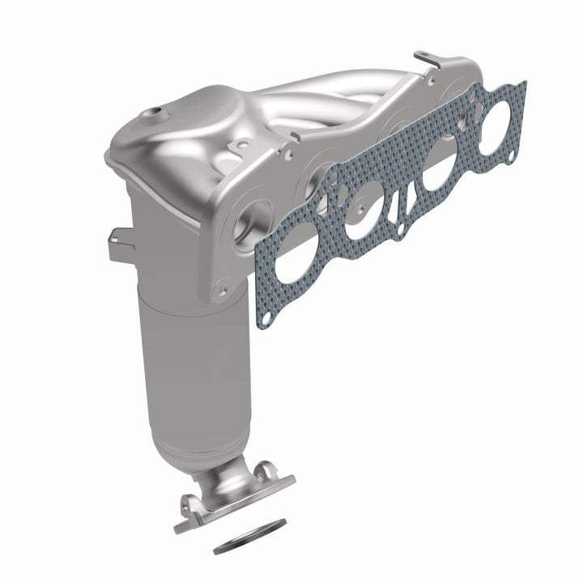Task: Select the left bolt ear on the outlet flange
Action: tap(193, 502)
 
